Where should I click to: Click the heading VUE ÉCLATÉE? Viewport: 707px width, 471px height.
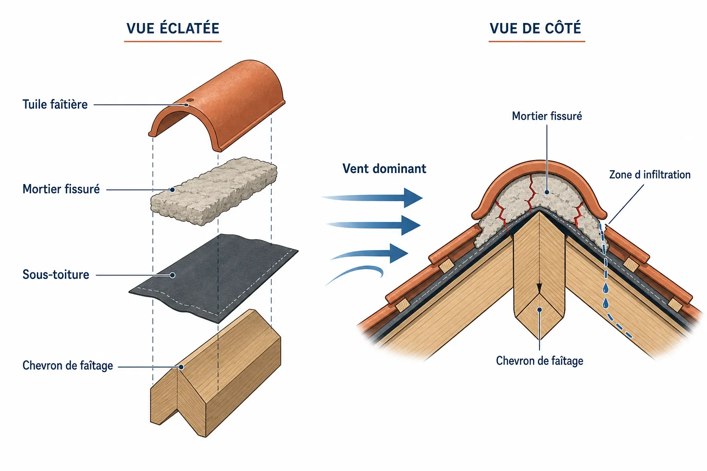pos(173,28)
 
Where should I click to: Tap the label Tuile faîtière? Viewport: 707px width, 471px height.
pos(55,104)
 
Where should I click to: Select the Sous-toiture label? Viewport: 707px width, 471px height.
pos(56,275)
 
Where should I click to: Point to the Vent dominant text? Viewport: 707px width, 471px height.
pos(384,168)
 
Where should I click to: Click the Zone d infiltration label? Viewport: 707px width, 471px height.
pos(649,174)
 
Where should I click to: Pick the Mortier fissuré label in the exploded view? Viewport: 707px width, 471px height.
pos(61,189)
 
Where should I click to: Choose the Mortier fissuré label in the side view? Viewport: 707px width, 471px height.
pos(547,116)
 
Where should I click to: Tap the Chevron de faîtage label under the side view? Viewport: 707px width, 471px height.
pos(539,361)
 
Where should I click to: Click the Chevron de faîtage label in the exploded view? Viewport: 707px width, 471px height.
pos(68,365)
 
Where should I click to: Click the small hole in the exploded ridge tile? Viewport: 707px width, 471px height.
pos(190,100)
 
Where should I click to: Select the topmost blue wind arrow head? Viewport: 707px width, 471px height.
pos(413,198)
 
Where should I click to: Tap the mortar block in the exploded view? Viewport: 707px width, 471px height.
pos(214,191)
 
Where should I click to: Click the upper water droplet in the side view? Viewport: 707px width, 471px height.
pos(606,288)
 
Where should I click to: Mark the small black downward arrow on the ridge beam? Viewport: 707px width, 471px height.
pos(539,288)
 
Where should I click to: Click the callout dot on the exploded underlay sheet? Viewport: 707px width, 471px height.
pos(172,275)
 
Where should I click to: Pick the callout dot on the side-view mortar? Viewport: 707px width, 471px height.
pos(547,192)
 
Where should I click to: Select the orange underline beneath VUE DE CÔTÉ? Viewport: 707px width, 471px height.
pos(537,41)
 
